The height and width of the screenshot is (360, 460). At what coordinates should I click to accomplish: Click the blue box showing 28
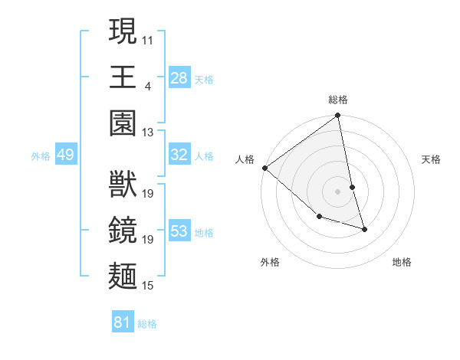[x=179, y=78]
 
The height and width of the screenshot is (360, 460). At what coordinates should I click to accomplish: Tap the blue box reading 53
[x=179, y=231]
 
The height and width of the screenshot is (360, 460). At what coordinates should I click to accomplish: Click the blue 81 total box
[x=123, y=323]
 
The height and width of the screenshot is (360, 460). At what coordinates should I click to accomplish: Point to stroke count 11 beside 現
[x=148, y=38]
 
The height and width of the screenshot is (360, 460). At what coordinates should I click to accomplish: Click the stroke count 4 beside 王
[x=147, y=85]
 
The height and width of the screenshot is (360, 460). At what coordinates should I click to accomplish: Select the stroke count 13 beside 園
[x=148, y=133]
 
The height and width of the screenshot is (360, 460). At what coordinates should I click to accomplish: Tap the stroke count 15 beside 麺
[x=148, y=286]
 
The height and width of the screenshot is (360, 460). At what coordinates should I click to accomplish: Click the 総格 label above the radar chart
[x=338, y=100]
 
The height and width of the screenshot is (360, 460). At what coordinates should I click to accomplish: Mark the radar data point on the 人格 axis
[x=264, y=168]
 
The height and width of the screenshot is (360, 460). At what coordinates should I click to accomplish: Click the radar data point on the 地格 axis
[x=364, y=229]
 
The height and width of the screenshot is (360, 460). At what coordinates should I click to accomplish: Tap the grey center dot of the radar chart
[x=337, y=191]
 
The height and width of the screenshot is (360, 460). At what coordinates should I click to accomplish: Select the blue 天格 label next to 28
[x=203, y=79]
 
